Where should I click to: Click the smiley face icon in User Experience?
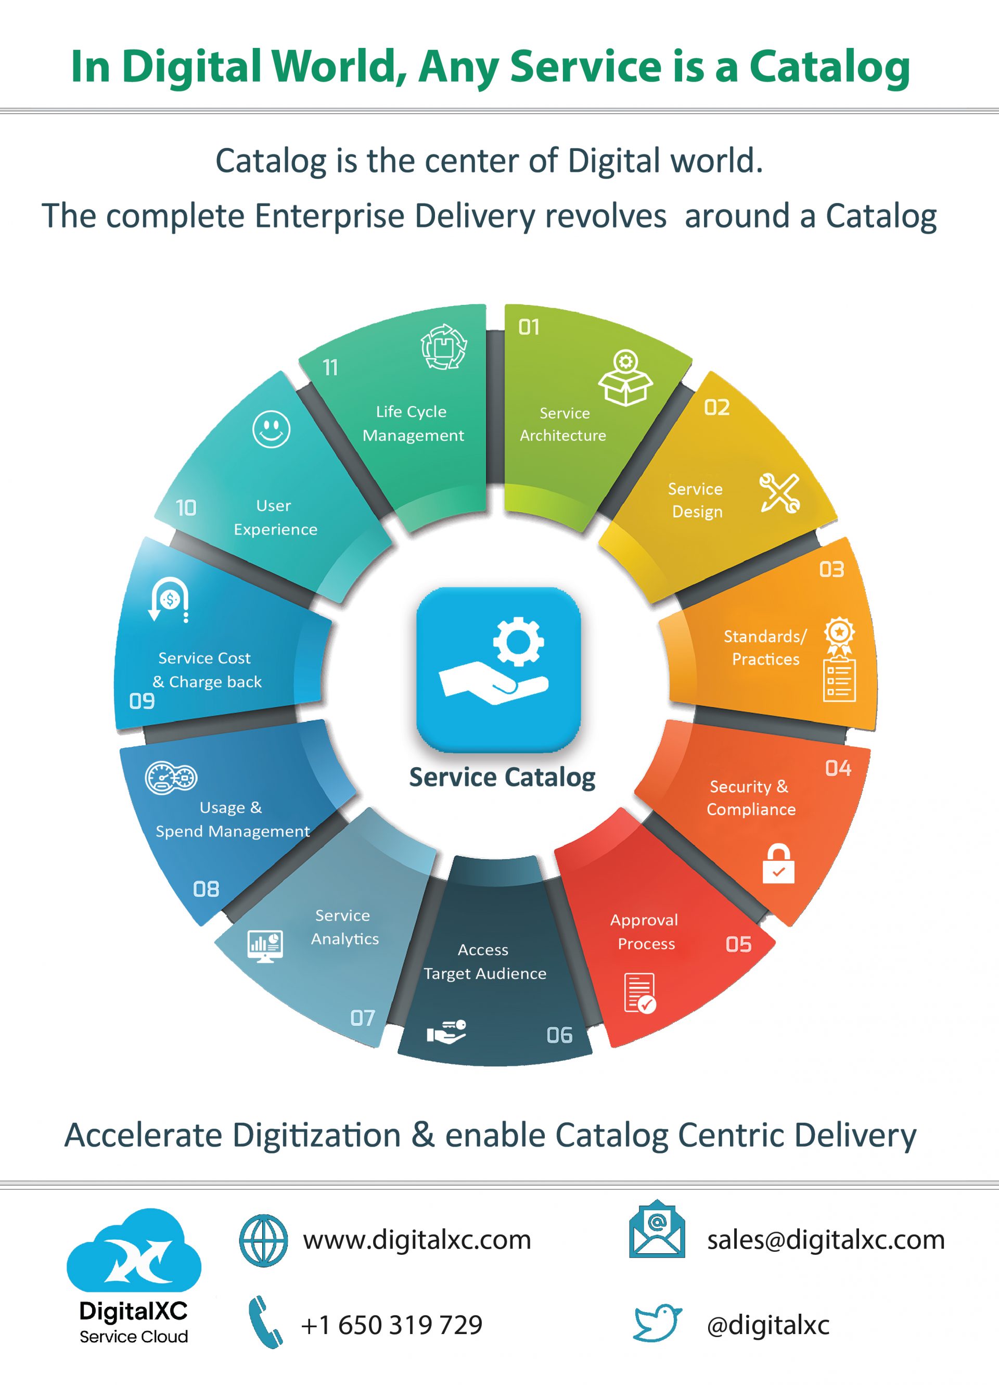coord(271,429)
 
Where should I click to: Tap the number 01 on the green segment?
coord(529,327)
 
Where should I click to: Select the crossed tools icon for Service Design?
coord(780,492)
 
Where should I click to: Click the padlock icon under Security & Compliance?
coord(778,863)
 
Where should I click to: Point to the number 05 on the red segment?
coord(738,944)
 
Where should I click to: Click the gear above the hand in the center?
coord(518,641)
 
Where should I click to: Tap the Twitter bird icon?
coord(657,1323)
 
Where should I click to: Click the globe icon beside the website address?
coord(263,1240)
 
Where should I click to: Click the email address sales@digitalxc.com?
coord(826,1240)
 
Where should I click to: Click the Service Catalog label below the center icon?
coord(502,778)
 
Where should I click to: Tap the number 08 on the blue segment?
coord(206,889)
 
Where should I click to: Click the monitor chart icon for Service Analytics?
coord(265,946)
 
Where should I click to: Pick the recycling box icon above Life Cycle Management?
coord(444,347)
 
